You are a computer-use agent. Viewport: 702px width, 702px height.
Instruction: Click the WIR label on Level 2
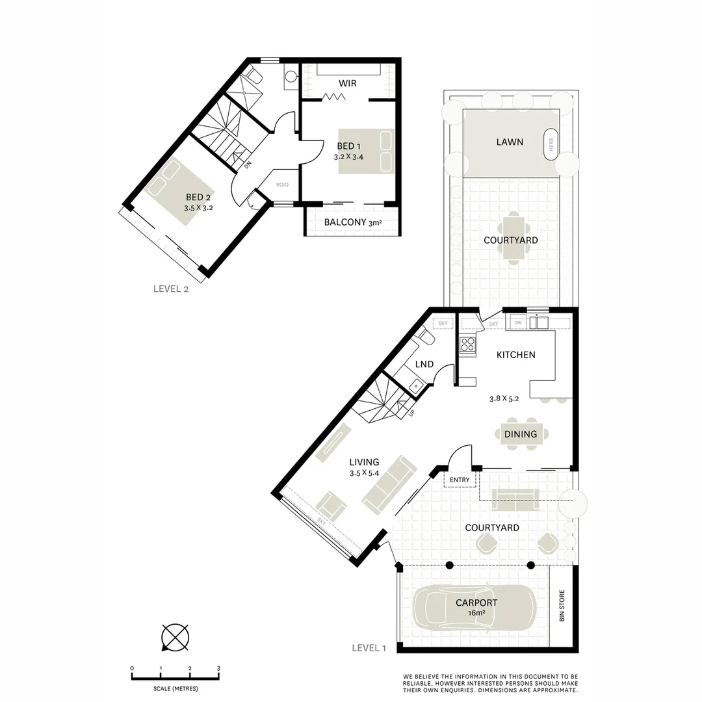click(347, 83)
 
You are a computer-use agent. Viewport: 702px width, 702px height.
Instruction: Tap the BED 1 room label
click(346, 146)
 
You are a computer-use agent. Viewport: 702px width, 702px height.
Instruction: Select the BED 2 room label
click(198, 198)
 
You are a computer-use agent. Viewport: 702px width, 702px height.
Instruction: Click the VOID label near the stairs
click(282, 185)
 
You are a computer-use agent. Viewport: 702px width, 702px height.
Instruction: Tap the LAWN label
click(510, 142)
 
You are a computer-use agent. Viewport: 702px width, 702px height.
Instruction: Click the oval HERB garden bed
click(551, 144)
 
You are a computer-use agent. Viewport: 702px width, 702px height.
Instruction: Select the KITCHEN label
click(515, 355)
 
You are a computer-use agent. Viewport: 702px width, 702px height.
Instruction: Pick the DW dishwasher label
click(517, 322)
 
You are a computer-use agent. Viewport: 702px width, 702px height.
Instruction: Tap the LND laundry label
click(424, 365)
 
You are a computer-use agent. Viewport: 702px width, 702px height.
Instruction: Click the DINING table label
click(521, 434)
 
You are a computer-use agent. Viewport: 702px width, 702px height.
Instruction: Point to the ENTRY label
click(460, 480)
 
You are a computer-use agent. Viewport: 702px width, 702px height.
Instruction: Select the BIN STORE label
click(562, 606)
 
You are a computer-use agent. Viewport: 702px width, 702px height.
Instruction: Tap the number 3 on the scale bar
click(218, 668)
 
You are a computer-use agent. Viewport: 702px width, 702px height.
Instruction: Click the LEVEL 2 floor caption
click(170, 289)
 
